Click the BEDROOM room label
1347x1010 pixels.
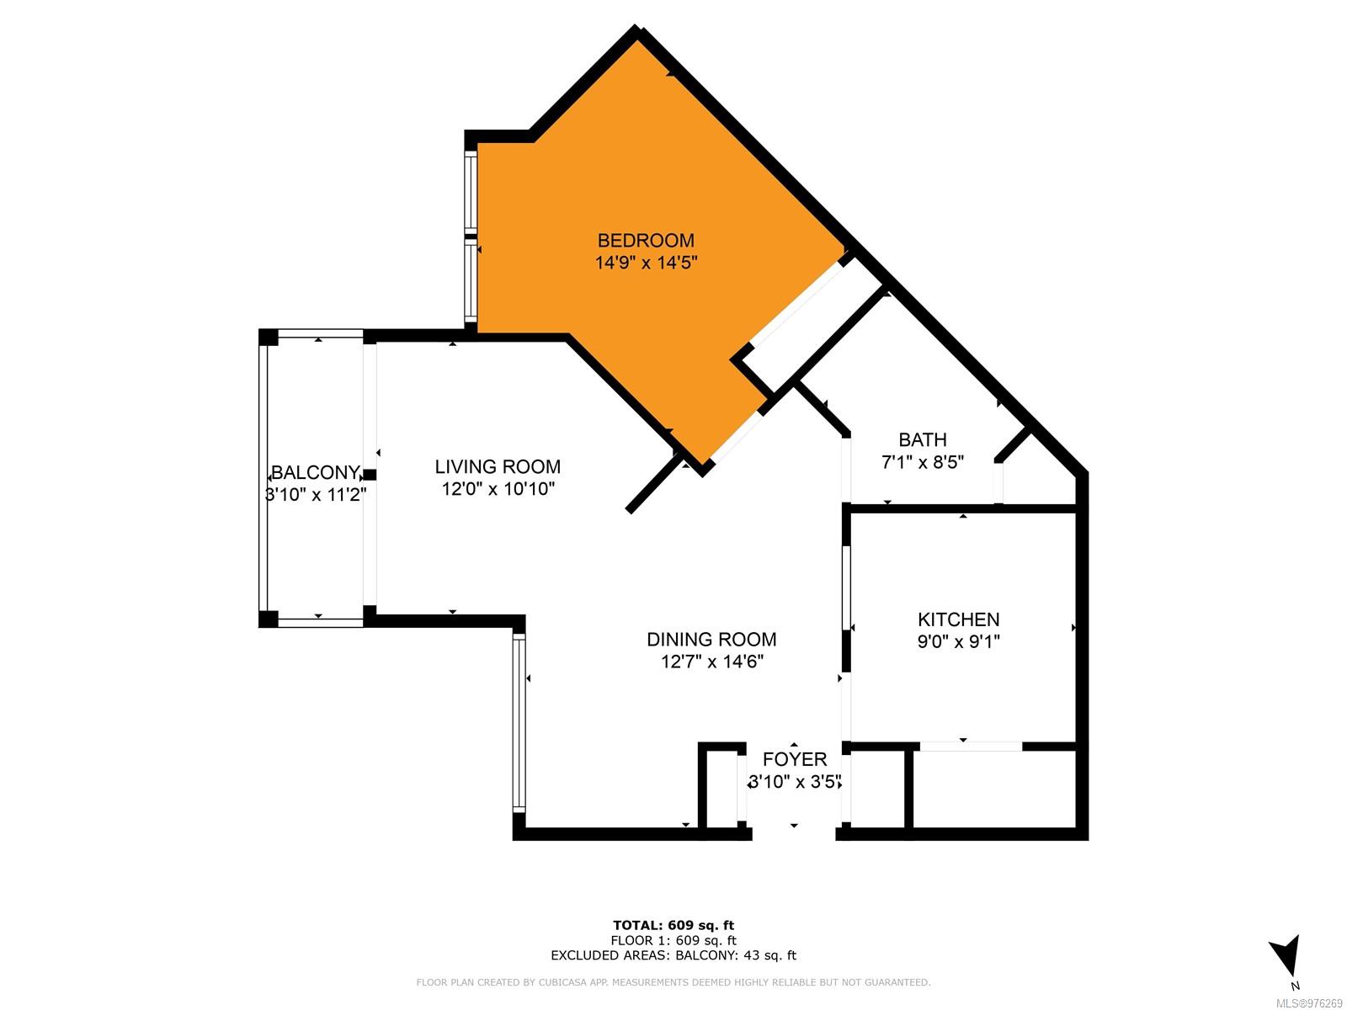(x=646, y=240)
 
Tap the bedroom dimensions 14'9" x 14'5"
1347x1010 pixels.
(x=646, y=263)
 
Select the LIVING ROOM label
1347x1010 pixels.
(x=498, y=466)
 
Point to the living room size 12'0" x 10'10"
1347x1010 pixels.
(x=498, y=489)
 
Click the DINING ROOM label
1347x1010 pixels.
(x=711, y=640)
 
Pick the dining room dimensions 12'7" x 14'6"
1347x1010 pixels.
(x=712, y=662)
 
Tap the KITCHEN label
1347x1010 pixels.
(x=958, y=619)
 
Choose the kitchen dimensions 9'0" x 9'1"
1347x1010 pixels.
(x=958, y=641)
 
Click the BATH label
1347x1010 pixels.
(x=923, y=439)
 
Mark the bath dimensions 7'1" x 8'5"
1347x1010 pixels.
(x=923, y=462)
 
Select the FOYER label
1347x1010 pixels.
(x=794, y=759)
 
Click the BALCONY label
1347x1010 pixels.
(x=316, y=472)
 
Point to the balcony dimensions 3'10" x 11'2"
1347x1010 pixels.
(x=316, y=494)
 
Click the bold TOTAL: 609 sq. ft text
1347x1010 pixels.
(x=673, y=925)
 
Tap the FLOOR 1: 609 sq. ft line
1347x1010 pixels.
(x=673, y=941)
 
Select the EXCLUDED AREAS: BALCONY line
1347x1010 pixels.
(x=673, y=955)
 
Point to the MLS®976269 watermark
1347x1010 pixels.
(x=1309, y=1003)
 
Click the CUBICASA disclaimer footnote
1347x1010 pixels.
(x=673, y=982)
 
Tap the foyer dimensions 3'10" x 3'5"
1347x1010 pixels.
(x=794, y=782)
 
